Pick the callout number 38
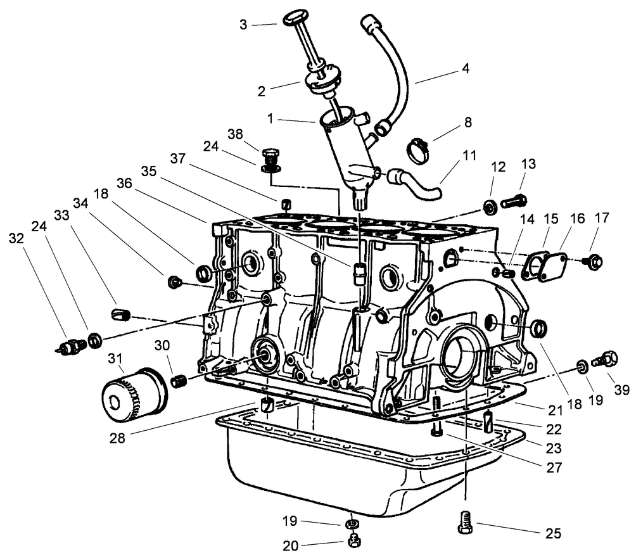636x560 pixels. [x=236, y=135]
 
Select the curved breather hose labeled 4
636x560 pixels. [x=397, y=70]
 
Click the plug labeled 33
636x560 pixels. [x=120, y=313]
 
